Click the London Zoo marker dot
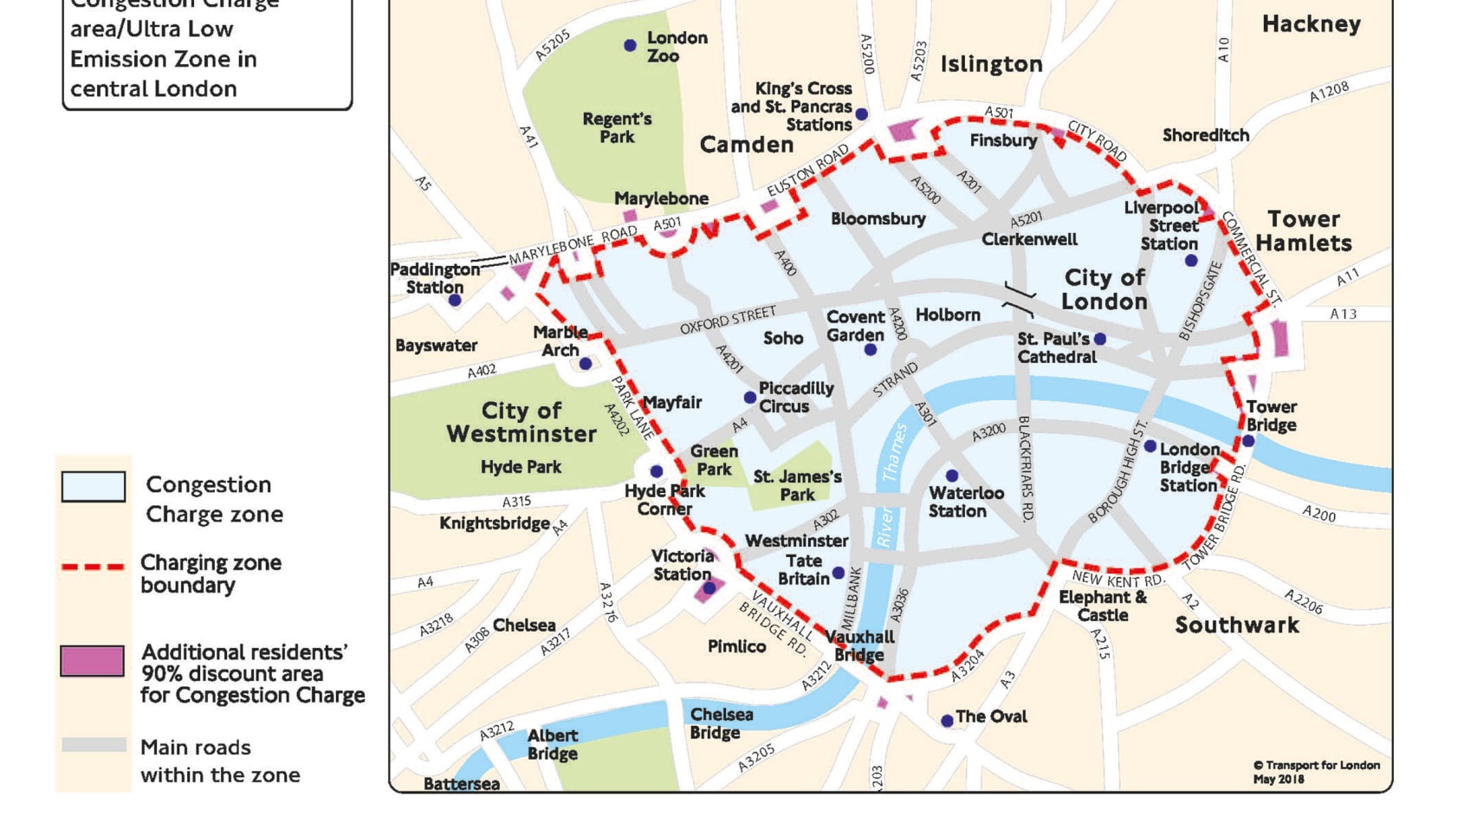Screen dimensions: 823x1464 630,45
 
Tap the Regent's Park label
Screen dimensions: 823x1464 617,128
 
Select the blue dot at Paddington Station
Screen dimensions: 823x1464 455,301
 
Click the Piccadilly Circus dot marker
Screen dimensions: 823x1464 750,398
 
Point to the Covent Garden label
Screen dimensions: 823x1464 855,326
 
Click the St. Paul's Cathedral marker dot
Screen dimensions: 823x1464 1100,339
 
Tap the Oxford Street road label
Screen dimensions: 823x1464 728,320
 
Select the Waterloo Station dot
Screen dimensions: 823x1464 952,476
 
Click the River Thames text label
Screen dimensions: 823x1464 890,485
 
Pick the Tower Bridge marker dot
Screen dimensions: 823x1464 1248,441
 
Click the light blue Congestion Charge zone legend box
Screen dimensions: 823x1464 94,486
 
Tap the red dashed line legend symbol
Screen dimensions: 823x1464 94,567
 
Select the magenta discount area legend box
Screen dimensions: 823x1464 92,661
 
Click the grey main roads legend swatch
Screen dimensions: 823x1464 94,745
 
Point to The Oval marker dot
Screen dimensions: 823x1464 947,721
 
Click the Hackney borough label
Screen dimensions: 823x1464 1311,24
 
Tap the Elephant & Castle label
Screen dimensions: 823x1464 1103,606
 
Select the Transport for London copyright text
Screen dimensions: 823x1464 1317,771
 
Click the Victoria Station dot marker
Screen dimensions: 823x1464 709,587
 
